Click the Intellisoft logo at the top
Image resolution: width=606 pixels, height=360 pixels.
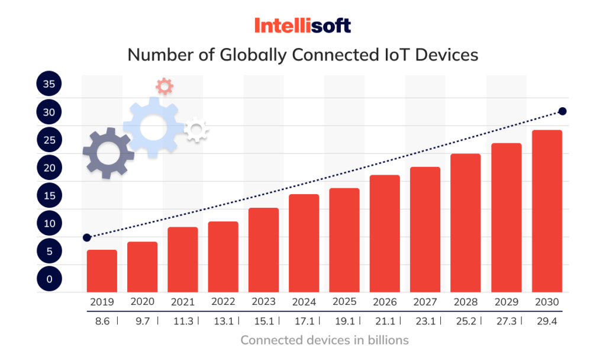[302, 25]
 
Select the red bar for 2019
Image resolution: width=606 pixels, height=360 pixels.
[102, 271]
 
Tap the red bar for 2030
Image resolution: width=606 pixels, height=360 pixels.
[547, 211]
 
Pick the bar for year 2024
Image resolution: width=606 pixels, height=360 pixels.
[304, 243]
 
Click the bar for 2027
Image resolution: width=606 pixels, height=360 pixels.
[426, 230]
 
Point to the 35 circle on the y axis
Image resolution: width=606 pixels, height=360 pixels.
[49, 85]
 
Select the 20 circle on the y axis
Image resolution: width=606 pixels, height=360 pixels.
[49, 168]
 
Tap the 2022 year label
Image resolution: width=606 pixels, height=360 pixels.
[223, 302]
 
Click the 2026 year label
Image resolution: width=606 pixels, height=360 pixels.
[385, 302]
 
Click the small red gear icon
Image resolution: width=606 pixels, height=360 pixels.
[165, 86]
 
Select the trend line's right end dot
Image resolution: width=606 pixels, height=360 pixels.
[563, 111]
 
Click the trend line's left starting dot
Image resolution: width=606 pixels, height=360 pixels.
[87, 237]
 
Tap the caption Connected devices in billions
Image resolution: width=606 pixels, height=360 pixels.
[324, 340]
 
